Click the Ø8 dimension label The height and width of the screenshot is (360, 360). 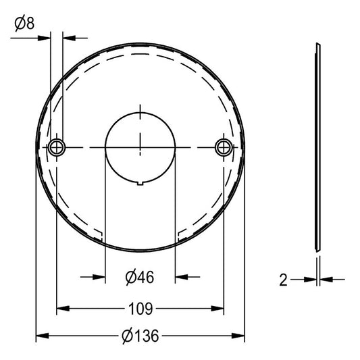[24, 23]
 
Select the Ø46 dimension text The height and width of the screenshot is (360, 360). [140, 277]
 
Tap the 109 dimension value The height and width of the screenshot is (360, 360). [140, 309]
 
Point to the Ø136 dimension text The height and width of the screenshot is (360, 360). [140, 336]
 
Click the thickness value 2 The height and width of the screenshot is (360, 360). [283, 280]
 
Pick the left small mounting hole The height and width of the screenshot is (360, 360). [57, 147]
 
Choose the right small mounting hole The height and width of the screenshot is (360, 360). [224, 147]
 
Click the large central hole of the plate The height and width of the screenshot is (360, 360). [140, 148]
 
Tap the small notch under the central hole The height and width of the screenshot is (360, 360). [140, 183]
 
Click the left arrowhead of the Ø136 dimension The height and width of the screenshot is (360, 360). [43, 336]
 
